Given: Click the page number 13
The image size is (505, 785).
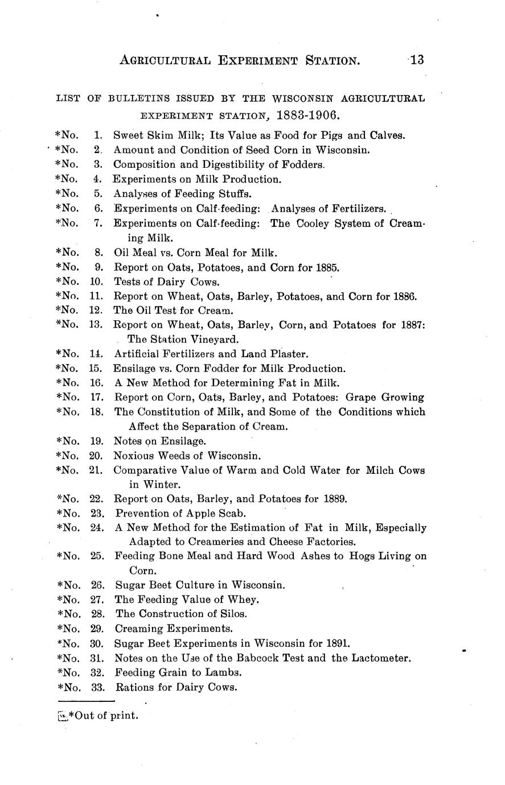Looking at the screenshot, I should pyautogui.click(x=416, y=60).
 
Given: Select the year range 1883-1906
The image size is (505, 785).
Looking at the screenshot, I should pyautogui.click(x=308, y=115).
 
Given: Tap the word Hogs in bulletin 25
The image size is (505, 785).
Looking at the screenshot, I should pyautogui.click(x=362, y=556).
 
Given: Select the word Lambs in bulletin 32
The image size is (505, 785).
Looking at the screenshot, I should pyautogui.click(x=225, y=672).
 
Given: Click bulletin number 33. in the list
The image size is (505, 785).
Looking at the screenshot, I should pyautogui.click(x=98, y=687).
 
